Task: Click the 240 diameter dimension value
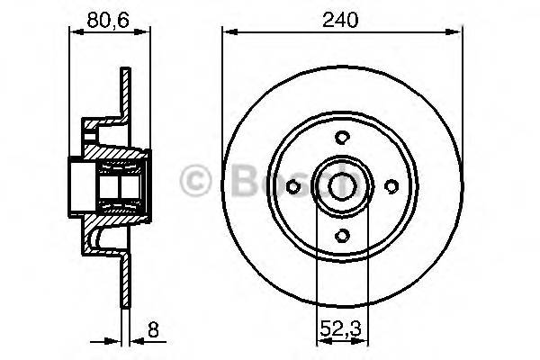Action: (x=341, y=18)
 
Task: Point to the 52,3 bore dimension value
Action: (x=341, y=330)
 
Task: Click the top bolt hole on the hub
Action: (x=341, y=137)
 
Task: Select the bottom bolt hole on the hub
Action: (x=341, y=235)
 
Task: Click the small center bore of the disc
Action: (x=341, y=185)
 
